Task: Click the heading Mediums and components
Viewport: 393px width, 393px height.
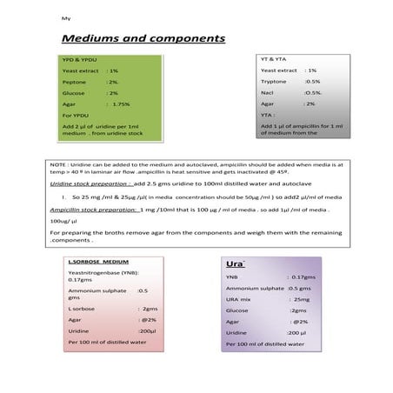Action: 143,39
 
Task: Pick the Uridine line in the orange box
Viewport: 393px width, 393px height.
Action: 111,331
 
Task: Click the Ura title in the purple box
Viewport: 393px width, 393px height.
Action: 234,263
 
